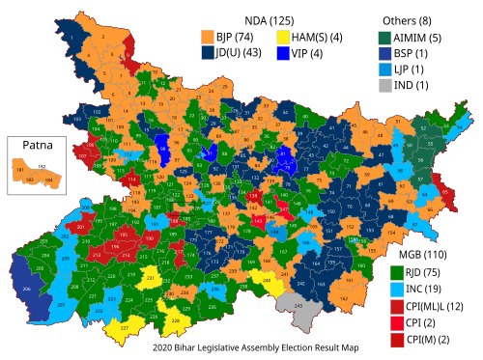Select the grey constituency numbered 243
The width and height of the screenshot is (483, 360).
[298, 307]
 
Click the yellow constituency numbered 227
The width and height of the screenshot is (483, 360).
[125, 329]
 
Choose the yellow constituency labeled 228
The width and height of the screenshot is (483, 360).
[175, 319]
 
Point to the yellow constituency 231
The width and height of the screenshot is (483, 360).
[150, 279]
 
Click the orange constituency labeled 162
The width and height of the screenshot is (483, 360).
[345, 298]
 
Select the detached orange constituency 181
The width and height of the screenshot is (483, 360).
[19, 169]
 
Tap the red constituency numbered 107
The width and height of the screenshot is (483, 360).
[82, 154]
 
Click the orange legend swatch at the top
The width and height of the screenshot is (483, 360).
[208, 37]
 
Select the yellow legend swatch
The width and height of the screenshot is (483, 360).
[283, 37]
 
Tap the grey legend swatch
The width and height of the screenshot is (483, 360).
[385, 85]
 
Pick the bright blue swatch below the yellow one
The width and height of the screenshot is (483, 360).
[283, 53]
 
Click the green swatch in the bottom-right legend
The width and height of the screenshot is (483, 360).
[397, 273]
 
